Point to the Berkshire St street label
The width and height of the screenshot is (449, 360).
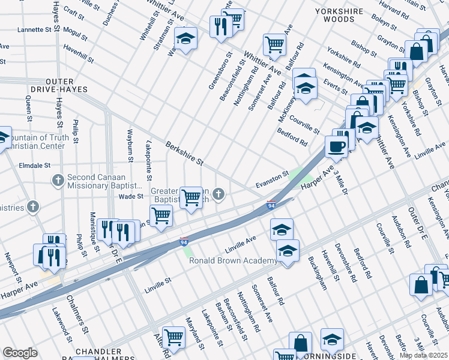point(184,154)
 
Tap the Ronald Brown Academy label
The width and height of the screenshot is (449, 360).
point(232,261)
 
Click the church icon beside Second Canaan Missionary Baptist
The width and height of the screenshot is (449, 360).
point(58,179)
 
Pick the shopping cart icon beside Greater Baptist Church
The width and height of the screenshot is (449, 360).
point(191,196)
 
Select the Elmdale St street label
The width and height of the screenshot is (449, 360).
point(34,164)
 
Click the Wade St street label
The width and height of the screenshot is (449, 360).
point(131,196)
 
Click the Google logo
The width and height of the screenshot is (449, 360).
point(20,353)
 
